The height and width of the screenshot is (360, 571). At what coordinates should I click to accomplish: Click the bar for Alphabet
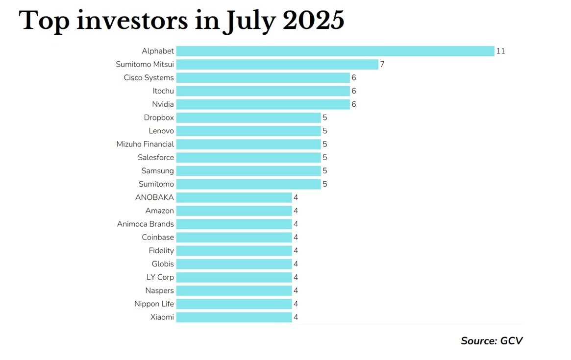point(335,51)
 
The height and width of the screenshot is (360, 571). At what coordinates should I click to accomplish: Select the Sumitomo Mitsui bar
point(277,64)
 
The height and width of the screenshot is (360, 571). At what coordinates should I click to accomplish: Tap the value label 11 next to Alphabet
point(500,51)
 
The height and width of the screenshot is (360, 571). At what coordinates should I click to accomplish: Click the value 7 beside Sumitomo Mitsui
point(382,64)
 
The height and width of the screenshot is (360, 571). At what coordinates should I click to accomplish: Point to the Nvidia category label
point(163,104)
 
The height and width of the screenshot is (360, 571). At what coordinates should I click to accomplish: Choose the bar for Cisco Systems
point(263,77)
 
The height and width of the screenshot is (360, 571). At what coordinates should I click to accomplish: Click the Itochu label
point(163,91)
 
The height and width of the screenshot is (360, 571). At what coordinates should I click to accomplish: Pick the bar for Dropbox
point(248,118)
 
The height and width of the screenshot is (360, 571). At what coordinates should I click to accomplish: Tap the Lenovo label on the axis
point(161,131)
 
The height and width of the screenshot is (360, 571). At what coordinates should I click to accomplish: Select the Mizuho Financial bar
point(248,144)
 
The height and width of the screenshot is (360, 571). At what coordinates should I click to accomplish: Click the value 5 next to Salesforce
point(324,158)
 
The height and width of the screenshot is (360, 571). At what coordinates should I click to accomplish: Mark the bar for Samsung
point(248,171)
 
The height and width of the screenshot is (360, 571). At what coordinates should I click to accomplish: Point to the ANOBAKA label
point(154,197)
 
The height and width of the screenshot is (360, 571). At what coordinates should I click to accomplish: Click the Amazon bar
point(234,211)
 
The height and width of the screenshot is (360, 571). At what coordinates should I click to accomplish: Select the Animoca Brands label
point(146,224)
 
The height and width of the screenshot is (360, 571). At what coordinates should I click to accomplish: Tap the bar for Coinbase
point(234,237)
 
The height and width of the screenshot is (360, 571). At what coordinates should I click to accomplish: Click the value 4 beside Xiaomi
point(296,317)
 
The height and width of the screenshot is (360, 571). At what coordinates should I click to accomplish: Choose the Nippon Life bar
point(234,304)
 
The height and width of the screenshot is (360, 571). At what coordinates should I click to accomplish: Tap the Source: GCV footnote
point(492,340)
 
